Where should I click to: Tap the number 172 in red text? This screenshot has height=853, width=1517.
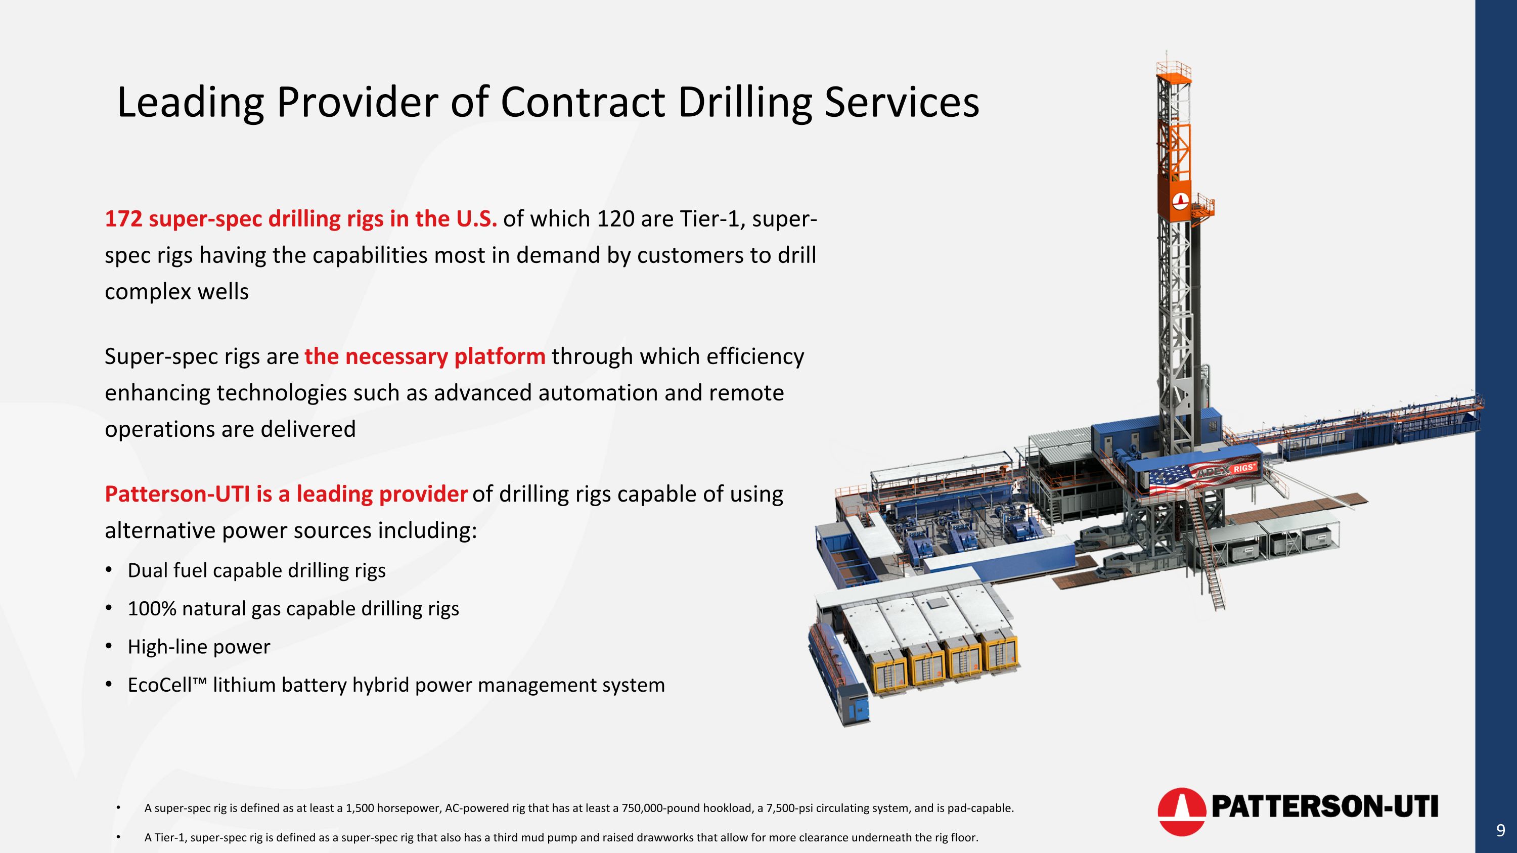pyautogui.click(x=123, y=219)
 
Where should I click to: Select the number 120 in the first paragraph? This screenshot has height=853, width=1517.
pyautogui.click(x=615, y=219)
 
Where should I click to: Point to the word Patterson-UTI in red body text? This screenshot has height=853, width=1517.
pyautogui.click(x=176, y=495)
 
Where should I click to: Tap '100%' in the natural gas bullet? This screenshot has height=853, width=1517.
pyautogui.click(x=152, y=609)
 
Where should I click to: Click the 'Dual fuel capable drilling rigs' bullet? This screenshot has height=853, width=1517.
pyautogui.click(x=256, y=570)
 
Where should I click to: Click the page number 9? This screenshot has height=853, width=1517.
pyautogui.click(x=1500, y=831)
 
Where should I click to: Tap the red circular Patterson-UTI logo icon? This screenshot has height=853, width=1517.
pyautogui.click(x=1181, y=811)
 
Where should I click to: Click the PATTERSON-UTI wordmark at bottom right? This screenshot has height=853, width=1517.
pyautogui.click(x=1324, y=806)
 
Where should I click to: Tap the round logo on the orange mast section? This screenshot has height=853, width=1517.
pyautogui.click(x=1180, y=201)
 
